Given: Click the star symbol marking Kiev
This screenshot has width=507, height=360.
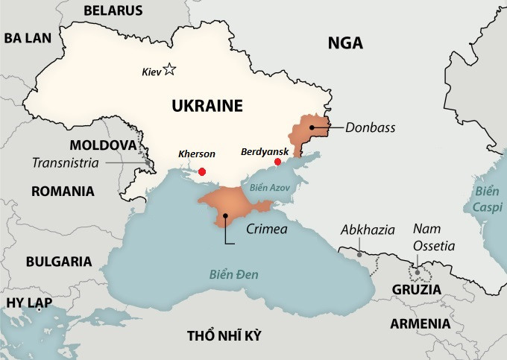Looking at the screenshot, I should tap(169, 70).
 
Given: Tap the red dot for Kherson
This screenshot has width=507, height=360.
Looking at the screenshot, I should tap(202, 171).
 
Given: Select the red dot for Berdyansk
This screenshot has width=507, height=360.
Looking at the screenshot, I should tap(278, 162).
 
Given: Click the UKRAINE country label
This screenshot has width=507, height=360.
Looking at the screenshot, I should tap(207, 106).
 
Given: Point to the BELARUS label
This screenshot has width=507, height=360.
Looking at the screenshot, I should tap(113, 10).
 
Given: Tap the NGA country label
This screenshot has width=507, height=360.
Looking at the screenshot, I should tap(345, 43).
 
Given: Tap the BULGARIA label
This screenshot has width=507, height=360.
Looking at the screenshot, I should tap(59, 262).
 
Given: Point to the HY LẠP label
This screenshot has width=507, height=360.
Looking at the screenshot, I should tap(26, 302).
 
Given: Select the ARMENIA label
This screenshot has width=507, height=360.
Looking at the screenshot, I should tap(421, 323).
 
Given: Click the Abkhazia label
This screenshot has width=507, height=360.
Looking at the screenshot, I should tap(368, 230).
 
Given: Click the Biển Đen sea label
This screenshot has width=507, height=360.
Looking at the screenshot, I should tap(233, 275).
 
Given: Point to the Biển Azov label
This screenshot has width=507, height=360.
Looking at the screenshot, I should tap(272, 188).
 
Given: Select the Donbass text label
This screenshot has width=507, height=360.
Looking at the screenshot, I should tap(371, 127).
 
